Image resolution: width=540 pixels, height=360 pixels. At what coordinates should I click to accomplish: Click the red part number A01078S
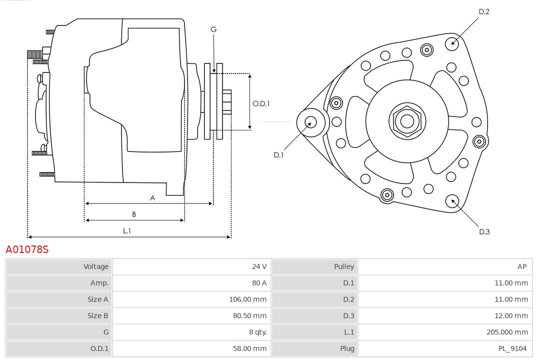click(27, 249)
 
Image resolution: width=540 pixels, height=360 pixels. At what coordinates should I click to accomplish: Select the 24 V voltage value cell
click(259, 266)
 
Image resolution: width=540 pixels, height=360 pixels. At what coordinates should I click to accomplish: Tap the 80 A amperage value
click(259, 283)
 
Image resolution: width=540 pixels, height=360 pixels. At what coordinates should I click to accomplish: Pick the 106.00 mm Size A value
click(247, 299)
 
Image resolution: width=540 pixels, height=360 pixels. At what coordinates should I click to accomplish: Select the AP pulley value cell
click(522, 266)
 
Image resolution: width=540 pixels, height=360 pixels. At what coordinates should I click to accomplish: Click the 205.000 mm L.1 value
click(507, 332)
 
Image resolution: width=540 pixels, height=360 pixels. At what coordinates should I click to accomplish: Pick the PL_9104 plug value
click(512, 348)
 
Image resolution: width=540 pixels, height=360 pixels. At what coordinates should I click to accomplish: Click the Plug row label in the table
click(346, 348)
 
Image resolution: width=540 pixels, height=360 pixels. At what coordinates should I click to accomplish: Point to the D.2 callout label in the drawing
click(484, 11)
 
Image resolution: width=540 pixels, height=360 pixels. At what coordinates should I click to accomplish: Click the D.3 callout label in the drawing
click(484, 231)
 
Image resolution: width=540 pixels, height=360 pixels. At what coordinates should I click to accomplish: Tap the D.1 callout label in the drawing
click(278, 155)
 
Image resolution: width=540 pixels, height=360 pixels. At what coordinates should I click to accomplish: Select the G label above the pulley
click(213, 29)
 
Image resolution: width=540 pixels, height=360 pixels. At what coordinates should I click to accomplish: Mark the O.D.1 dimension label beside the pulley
click(261, 104)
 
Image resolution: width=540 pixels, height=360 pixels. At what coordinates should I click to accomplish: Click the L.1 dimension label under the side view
click(127, 230)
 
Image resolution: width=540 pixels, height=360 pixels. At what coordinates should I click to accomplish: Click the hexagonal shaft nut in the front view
click(407, 121)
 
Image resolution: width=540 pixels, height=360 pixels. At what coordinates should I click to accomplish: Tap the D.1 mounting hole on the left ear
click(310, 121)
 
